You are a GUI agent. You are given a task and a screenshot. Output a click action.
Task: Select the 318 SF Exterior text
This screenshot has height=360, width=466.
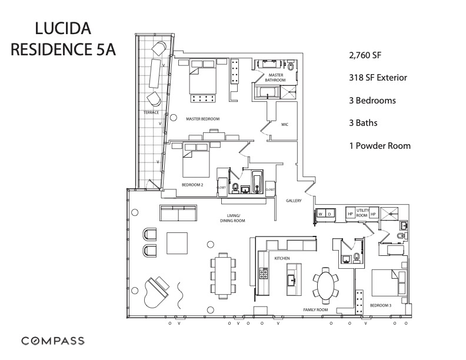click(377, 78)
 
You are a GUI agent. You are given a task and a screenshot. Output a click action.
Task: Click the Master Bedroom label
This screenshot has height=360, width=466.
click(202, 119)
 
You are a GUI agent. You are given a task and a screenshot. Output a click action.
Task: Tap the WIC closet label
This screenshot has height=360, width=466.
click(284, 124)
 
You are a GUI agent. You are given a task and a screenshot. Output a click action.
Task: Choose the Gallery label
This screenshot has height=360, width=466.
click(294, 201)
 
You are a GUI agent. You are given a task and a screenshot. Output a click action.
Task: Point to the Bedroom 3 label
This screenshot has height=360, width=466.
click(381, 305)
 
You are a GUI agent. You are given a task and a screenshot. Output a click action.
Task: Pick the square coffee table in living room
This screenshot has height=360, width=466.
click(178, 242)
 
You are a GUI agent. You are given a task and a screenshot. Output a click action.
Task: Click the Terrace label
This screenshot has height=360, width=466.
click(151, 112)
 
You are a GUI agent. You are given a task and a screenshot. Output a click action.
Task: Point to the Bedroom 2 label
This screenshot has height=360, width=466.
click(192, 185)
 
